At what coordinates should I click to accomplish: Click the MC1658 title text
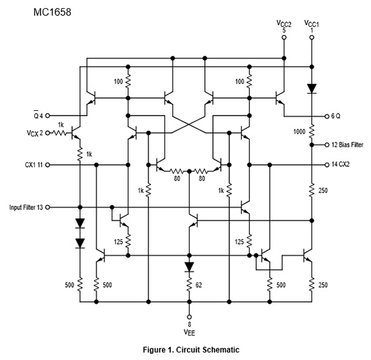[x=53, y=12]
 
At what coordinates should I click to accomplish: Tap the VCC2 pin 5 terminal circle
[x=284, y=37]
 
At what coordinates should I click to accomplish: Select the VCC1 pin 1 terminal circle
[x=312, y=37]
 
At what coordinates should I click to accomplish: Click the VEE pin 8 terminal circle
[x=190, y=317]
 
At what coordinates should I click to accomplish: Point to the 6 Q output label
[x=336, y=116]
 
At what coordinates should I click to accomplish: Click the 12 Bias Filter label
[x=347, y=145]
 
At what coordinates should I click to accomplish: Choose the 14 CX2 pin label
[x=341, y=164]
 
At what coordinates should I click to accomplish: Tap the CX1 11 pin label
[x=34, y=165]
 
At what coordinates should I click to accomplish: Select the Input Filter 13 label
[x=26, y=207]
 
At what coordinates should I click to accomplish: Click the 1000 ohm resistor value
[x=299, y=132]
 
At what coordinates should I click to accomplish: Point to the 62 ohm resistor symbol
[x=190, y=284]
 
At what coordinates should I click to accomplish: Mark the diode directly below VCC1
[x=312, y=88]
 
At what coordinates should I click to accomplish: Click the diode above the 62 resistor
[x=190, y=267]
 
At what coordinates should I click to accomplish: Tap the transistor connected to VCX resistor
[x=76, y=133]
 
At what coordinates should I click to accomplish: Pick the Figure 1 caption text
[x=191, y=350]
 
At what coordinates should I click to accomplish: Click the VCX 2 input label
[x=35, y=133]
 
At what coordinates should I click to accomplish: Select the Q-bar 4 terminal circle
[x=48, y=115]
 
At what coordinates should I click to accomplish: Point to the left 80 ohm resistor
[x=176, y=171]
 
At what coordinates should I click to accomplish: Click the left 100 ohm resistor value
[x=118, y=82]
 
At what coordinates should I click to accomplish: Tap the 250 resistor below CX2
[x=312, y=190]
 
